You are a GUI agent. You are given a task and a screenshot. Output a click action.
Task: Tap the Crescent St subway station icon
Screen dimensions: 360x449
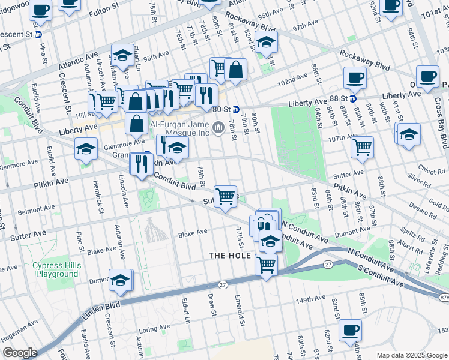click(38, 34)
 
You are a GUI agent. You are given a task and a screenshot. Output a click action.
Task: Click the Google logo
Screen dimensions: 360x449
click(20, 353)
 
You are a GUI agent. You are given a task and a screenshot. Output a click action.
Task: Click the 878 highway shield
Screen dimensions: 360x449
click(443, 297)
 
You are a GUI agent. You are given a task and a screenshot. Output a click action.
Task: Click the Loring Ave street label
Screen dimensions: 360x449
click(154, 329)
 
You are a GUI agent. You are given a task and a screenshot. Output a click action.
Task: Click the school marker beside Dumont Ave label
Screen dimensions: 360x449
click(120, 280)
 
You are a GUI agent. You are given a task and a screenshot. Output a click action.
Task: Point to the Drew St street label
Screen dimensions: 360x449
click(211, 302)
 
